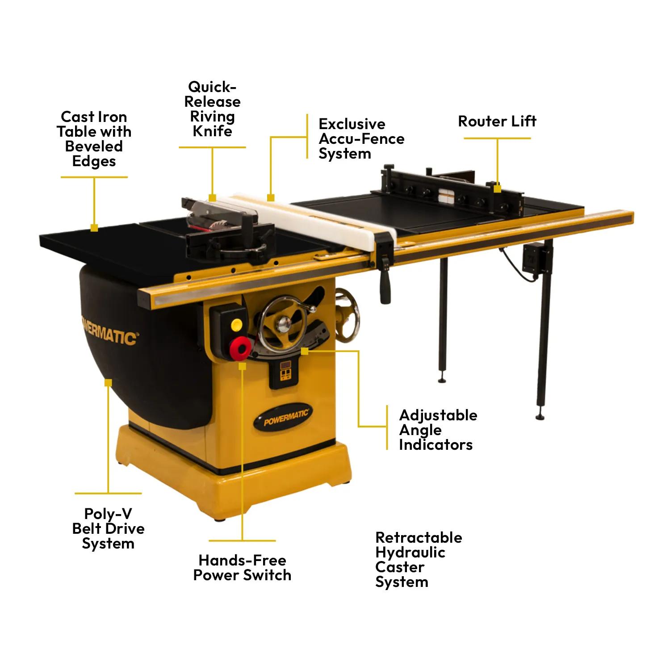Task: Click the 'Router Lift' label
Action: pyautogui.click(x=497, y=121)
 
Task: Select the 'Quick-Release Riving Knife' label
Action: pyautogui.click(x=212, y=109)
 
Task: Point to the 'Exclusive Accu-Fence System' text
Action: pyautogui.click(x=361, y=138)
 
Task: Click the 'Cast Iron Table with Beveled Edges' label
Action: pyautogui.click(x=94, y=139)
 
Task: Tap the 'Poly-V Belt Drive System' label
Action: pyautogui.click(x=108, y=528)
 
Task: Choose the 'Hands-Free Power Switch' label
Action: pyautogui.click(x=242, y=568)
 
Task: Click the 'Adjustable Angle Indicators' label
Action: pyautogui.click(x=438, y=430)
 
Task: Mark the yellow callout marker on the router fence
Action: pyautogui.click(x=497, y=188)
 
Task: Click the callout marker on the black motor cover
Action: pyautogui.click(x=108, y=383)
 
